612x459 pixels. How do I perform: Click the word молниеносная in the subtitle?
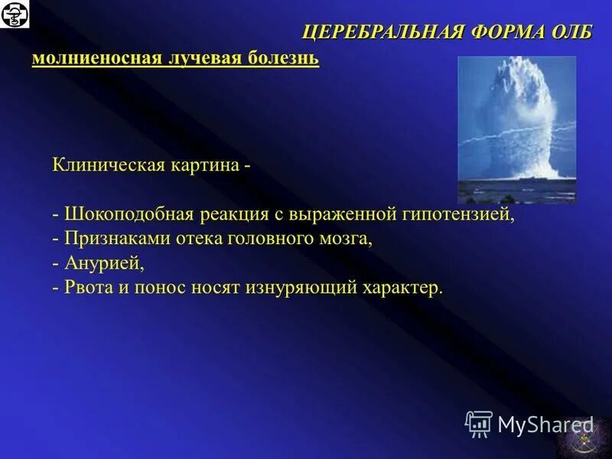pos(95,59)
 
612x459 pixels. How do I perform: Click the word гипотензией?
pos(464,214)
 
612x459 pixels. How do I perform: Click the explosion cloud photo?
pos(516,129)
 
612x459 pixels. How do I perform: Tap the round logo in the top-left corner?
pos(15,15)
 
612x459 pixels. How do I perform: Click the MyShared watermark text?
pos(545,423)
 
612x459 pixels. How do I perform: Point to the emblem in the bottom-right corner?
pos(583,439)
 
